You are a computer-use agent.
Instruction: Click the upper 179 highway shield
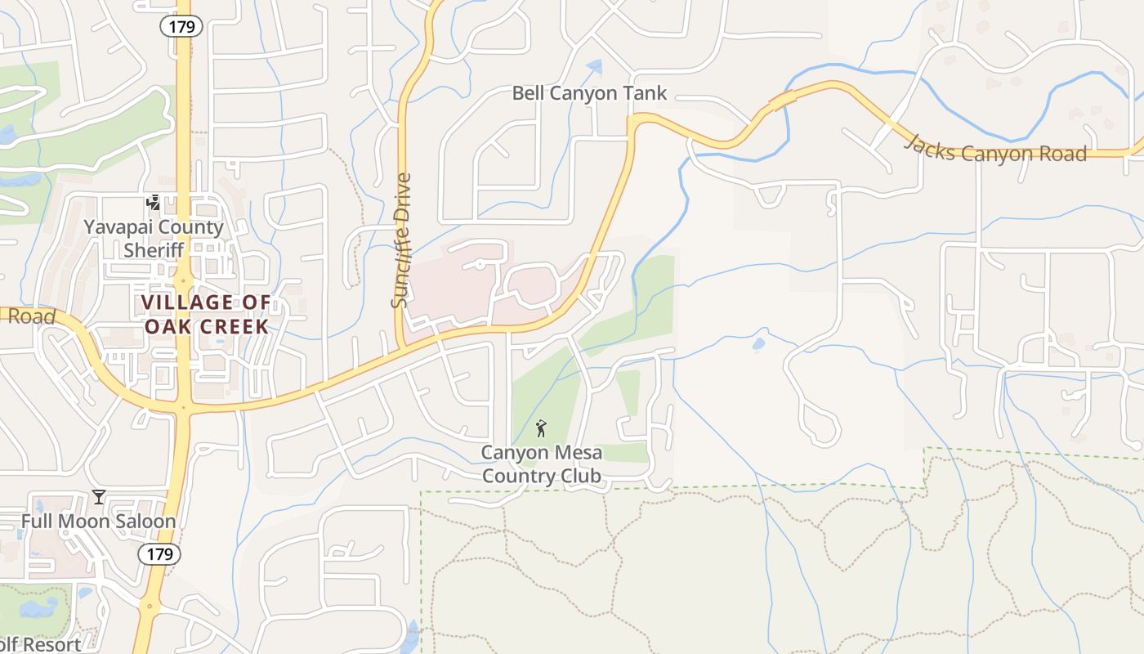point(181,26)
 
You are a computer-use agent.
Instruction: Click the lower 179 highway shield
point(159,554)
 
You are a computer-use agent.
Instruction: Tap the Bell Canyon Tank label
point(589,93)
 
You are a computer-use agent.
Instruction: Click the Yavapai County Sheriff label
point(154,238)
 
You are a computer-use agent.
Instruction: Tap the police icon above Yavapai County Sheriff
point(153,202)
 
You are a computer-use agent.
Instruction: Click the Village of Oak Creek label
point(205,314)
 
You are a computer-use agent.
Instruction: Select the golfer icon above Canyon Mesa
point(540,428)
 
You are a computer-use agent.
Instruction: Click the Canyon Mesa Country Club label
point(541,464)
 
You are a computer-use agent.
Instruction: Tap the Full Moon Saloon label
point(98,521)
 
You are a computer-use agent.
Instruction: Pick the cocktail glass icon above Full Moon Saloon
point(99,496)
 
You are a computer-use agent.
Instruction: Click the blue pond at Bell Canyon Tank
point(594,68)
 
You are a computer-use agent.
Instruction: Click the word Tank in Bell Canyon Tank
point(645,93)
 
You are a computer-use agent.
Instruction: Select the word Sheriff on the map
point(154,249)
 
